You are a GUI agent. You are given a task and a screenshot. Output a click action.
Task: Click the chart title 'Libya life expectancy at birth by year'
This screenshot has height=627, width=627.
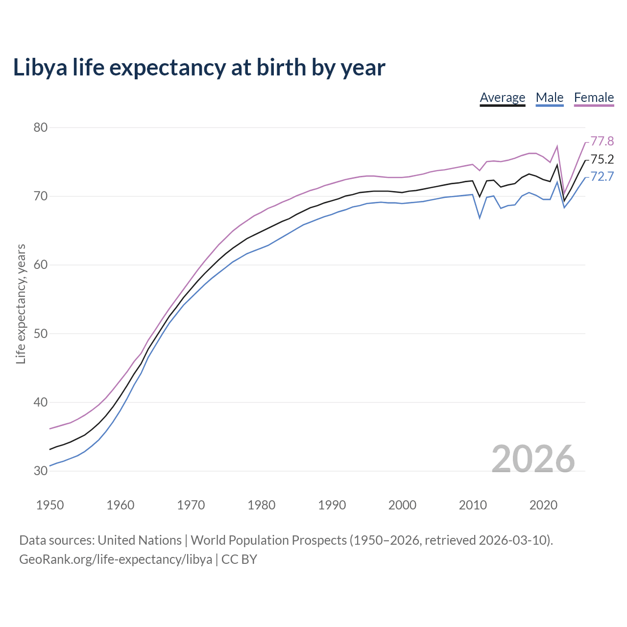point(199,68)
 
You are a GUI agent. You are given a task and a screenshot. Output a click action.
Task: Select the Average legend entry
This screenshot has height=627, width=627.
point(502,97)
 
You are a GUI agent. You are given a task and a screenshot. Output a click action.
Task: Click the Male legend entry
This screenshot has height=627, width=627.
point(550,97)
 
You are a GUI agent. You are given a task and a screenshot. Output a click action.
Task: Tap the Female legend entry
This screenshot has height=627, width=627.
point(594,97)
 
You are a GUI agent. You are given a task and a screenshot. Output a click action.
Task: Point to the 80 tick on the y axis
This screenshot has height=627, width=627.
point(40,127)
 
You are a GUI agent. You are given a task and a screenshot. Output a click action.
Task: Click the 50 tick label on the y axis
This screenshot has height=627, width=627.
point(40,334)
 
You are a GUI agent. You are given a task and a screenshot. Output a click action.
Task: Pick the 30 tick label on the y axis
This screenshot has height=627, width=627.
point(40,471)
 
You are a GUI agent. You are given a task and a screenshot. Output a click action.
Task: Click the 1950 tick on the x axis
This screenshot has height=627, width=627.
point(50,505)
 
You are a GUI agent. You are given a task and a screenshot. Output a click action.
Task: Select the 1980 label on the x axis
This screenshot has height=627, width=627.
point(261,505)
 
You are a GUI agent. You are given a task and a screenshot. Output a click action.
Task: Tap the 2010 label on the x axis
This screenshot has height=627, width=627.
point(473,505)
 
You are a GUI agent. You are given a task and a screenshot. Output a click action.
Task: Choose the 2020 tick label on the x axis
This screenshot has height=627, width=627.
point(543,505)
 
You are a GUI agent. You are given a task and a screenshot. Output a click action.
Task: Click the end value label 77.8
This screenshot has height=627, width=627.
point(602,142)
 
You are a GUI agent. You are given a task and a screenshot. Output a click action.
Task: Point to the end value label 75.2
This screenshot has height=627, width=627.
point(602,159)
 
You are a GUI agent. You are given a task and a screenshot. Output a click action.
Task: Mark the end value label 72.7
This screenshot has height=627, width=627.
point(602,176)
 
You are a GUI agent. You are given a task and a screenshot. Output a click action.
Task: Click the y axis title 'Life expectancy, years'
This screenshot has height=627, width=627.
point(21,304)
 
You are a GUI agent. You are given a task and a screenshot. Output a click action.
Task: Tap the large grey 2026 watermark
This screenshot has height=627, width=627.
point(533,459)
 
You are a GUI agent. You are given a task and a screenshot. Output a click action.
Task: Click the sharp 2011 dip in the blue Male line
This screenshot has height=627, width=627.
point(480,217)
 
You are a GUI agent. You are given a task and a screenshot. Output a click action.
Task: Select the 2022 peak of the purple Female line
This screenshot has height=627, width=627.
point(557,146)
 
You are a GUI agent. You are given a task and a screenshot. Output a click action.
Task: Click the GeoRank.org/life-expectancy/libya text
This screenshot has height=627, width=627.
point(116,559)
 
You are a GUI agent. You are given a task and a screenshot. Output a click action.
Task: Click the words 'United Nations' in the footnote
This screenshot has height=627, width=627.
point(140,540)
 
